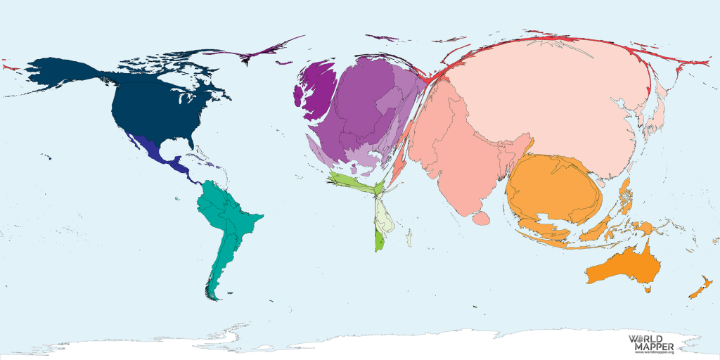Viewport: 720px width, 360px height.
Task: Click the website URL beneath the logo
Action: (x=653, y=353)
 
